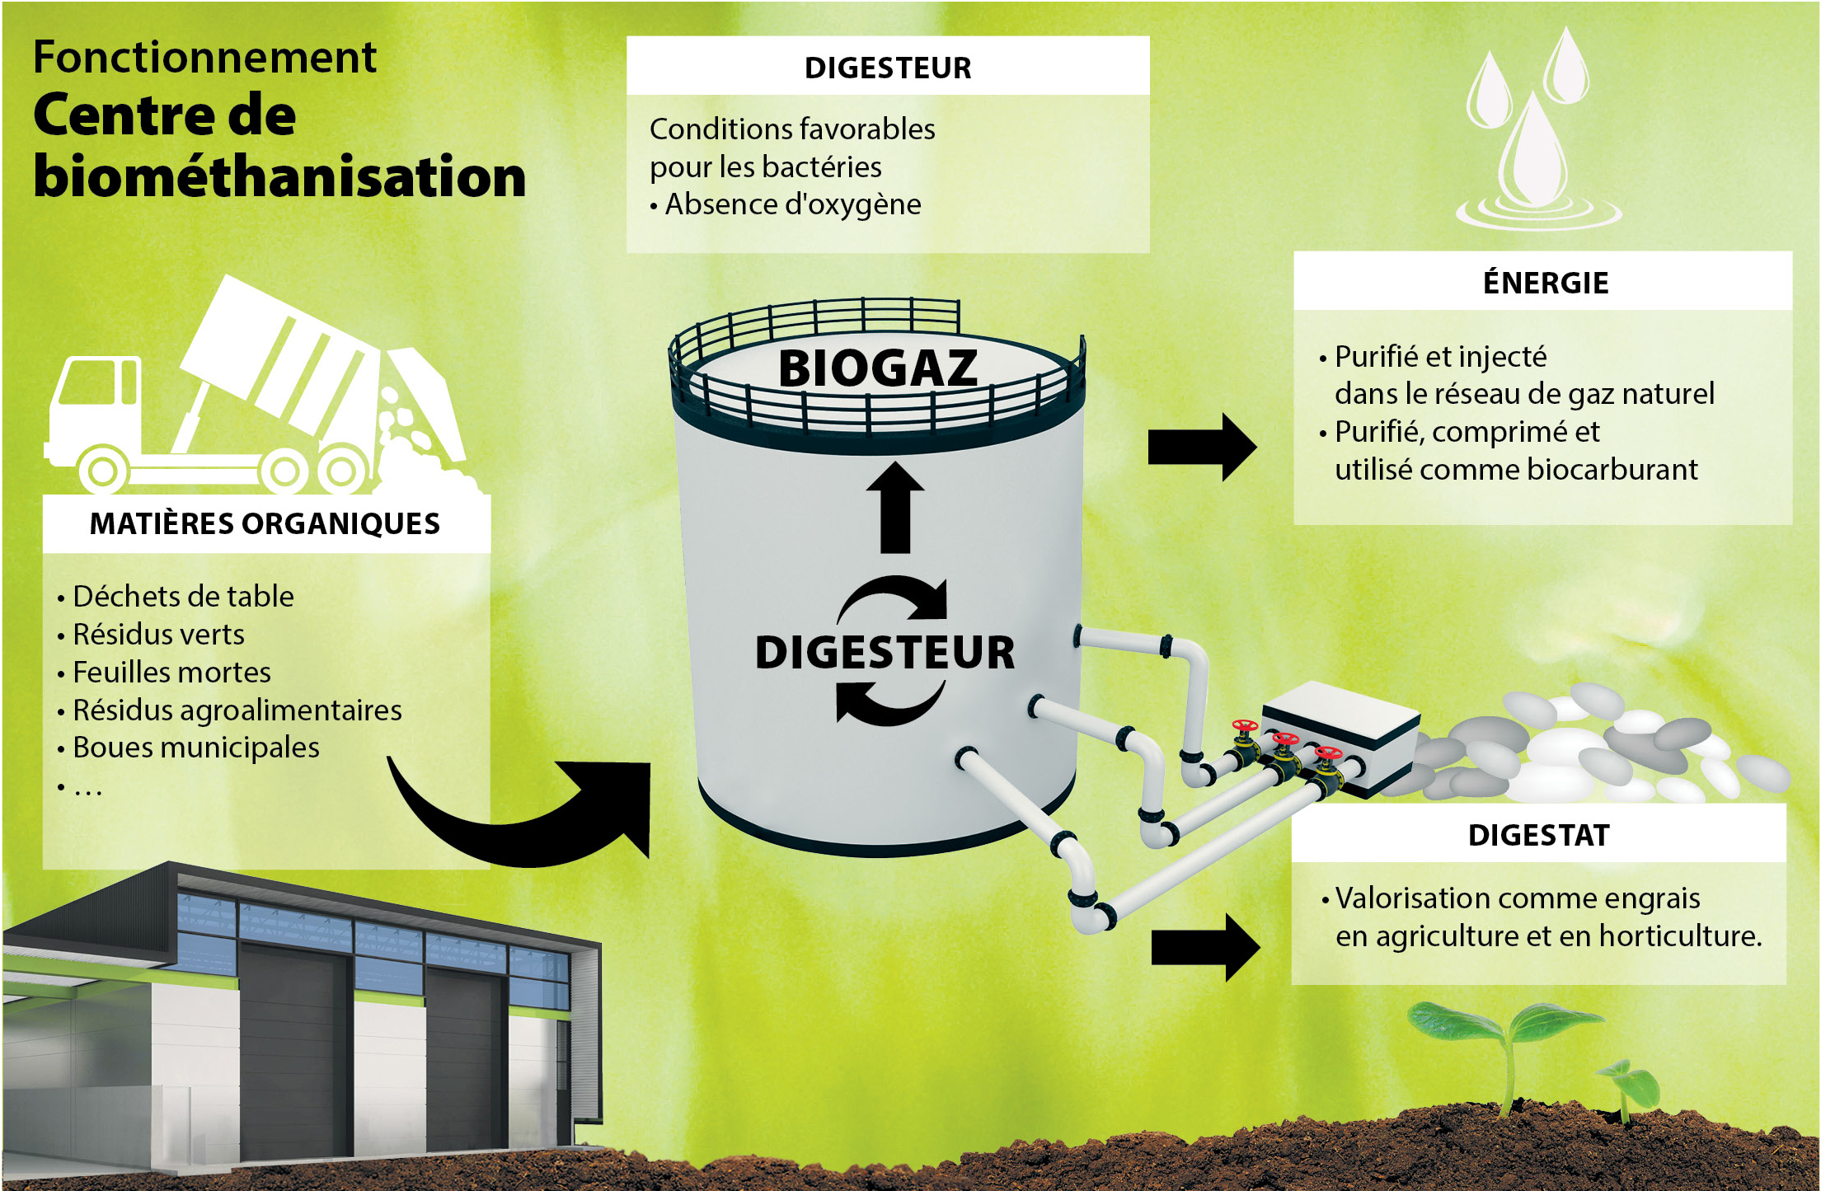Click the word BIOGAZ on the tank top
[877, 368]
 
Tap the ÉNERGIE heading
[1546, 283]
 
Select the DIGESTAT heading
[1538, 835]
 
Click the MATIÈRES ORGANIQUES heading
[265, 523]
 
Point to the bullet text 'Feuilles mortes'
[171, 672]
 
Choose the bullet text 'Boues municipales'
[196, 747]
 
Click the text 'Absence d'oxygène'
[793, 204]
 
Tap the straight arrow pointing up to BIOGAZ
[895, 507]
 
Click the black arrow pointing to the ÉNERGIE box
[1203, 448]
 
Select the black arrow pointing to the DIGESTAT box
[1205, 947]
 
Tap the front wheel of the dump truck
[103, 472]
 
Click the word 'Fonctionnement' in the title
[204, 57]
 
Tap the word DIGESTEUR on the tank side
[885, 652]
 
